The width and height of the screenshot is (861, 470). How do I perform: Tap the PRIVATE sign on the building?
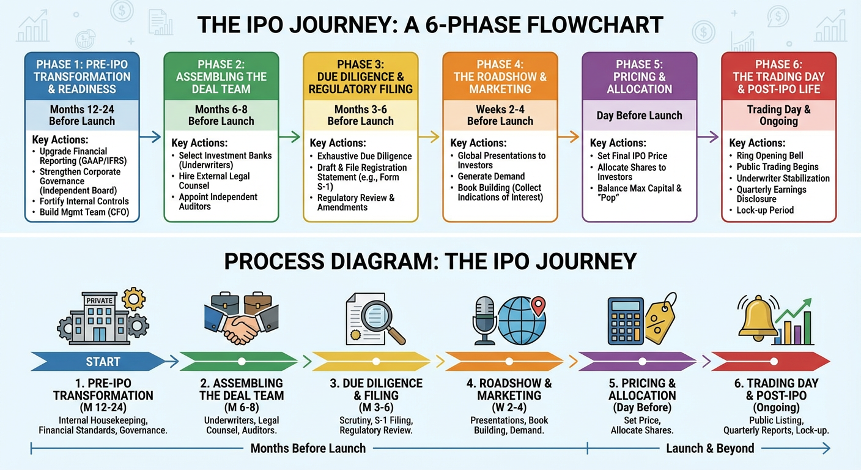tap(100, 300)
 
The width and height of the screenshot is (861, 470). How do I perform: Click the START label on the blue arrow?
tap(103, 362)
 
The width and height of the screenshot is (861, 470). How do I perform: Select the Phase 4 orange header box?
tap(500, 76)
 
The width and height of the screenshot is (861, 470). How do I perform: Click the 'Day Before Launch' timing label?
tap(639, 116)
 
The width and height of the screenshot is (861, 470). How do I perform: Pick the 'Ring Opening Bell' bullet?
tap(770, 155)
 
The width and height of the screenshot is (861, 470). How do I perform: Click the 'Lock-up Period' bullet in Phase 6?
tap(765, 210)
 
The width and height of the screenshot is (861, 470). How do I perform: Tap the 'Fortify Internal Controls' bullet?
tap(84, 201)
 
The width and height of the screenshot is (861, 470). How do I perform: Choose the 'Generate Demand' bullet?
tap(491, 176)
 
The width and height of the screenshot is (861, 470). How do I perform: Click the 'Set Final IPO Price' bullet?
tap(632, 155)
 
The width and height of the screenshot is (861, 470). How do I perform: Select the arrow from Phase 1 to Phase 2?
tap(150, 137)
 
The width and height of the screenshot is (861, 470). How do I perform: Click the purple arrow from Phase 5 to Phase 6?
tap(708, 137)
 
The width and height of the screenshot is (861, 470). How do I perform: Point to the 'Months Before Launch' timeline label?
tap(308, 449)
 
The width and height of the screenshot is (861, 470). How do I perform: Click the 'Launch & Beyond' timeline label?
tap(709, 449)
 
